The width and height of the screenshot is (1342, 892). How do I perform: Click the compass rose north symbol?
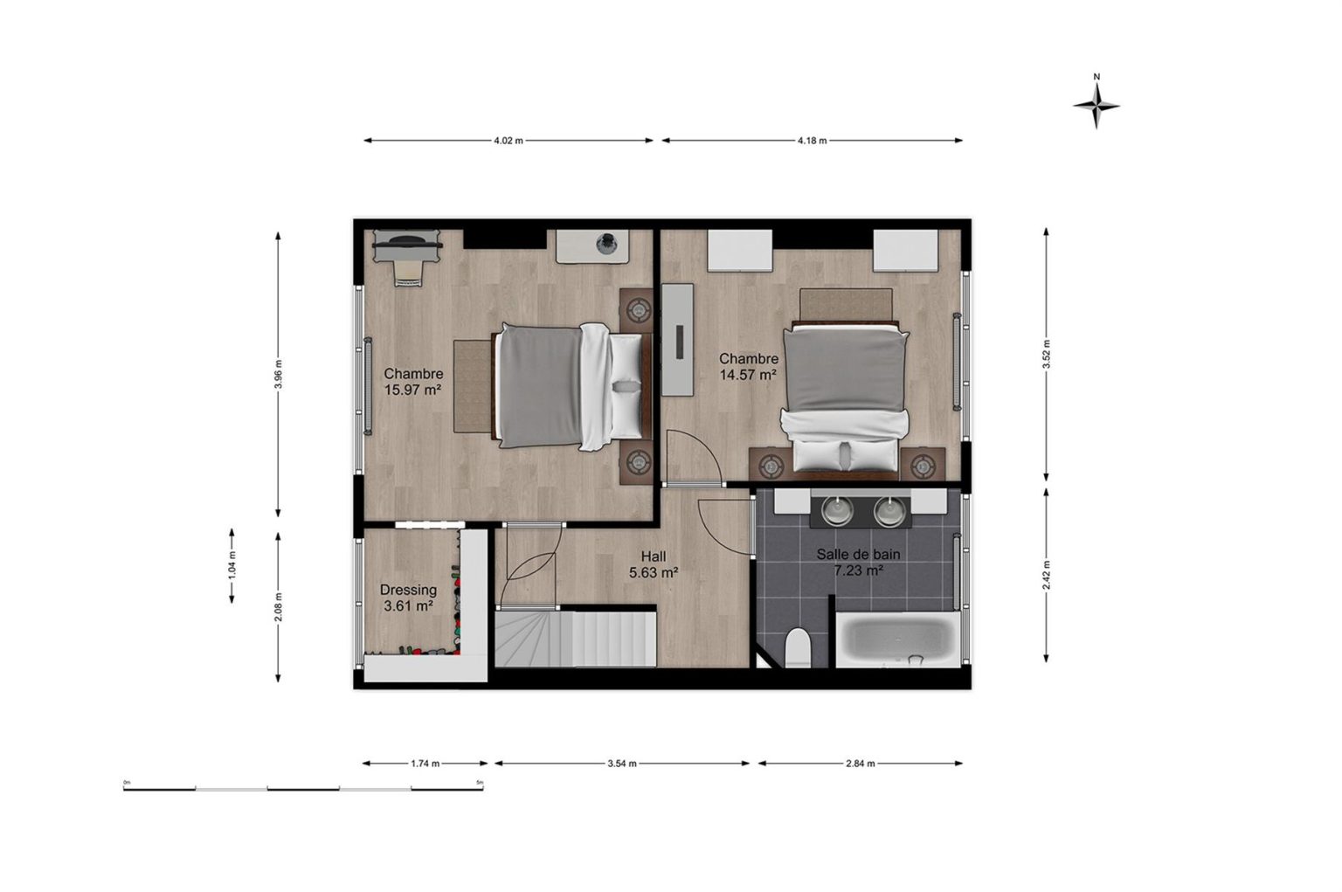point(1096,106)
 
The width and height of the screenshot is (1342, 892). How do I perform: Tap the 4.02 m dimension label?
point(508,141)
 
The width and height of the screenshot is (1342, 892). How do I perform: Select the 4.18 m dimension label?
point(812,141)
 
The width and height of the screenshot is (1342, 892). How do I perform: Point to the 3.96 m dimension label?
point(278,375)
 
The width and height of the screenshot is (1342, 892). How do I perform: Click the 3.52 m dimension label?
point(1046,355)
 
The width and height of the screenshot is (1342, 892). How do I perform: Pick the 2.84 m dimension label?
point(861,764)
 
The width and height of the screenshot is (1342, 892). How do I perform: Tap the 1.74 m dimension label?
point(425,764)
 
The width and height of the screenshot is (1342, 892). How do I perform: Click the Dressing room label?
point(409,598)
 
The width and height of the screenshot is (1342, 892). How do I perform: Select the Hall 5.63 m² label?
point(653,564)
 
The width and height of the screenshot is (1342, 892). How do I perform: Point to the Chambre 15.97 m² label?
point(413,382)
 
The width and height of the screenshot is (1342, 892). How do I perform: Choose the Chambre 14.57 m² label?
point(748,367)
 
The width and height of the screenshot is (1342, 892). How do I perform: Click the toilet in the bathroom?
point(798,647)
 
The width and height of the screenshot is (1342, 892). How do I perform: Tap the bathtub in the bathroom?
point(897,640)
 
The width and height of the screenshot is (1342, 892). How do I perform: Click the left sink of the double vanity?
point(836,511)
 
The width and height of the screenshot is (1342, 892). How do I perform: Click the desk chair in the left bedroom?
point(407,273)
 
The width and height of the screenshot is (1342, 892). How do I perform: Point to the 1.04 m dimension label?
point(232,565)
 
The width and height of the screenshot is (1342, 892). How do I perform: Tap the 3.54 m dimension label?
point(622,764)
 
